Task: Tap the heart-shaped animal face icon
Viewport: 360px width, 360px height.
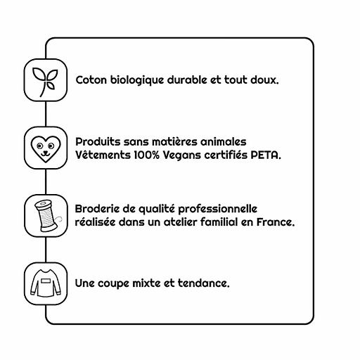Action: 46,149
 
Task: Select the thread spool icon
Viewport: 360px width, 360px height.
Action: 47,216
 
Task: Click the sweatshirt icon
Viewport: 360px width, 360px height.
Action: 46,283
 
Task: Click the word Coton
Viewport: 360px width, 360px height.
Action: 91,80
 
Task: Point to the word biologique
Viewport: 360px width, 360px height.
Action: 137,81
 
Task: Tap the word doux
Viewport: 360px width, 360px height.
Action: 264,80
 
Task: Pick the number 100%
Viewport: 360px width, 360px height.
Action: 147,155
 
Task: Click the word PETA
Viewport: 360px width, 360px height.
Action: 266,155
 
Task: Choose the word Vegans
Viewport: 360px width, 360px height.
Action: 182,156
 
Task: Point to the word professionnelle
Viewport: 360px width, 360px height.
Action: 217,210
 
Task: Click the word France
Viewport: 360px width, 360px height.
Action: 276,222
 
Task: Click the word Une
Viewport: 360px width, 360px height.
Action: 84,283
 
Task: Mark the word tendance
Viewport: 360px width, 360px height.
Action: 203,283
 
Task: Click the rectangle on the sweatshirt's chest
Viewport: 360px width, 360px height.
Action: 46,281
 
